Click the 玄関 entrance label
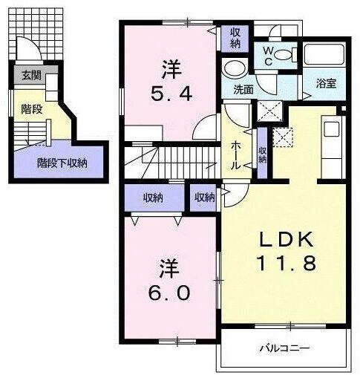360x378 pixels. tap(30, 75)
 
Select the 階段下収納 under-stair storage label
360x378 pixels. tap(62, 163)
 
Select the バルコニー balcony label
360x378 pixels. tap(284, 348)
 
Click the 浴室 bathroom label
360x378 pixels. tap(327, 83)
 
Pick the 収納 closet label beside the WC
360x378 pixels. tap(235, 38)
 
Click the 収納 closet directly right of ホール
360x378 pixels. tap(263, 154)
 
